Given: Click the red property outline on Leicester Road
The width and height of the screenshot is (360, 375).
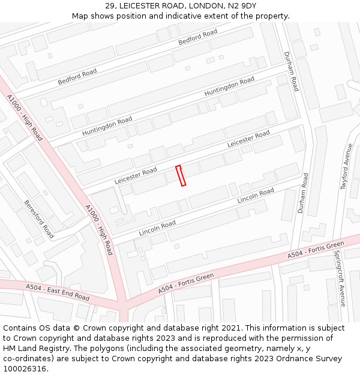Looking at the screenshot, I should (x=181, y=176).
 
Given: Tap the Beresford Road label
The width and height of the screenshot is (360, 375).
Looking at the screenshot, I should (x=39, y=219).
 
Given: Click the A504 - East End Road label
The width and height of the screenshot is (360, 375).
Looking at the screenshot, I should (x=58, y=292).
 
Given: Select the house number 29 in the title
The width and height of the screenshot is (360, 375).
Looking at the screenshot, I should (x=110, y=5).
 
